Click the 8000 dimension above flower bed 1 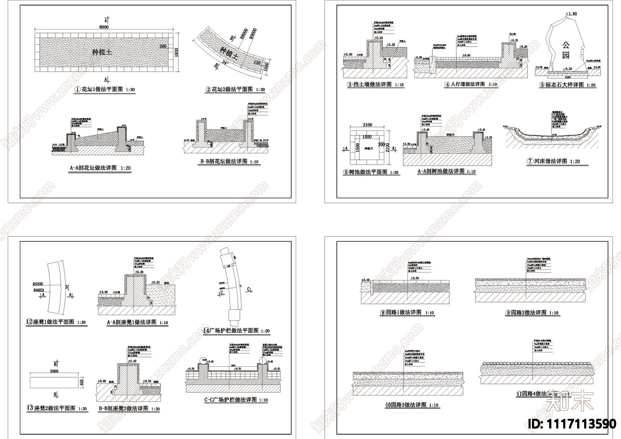(x=104, y=27)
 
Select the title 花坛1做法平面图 (x=102, y=89)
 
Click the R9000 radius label (x=253, y=34)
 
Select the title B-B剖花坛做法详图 (x=223, y=161)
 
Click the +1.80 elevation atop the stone (x=571, y=14)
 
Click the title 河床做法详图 (x=550, y=161)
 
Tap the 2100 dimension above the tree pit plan (x=367, y=125)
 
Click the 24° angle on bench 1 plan (x=69, y=288)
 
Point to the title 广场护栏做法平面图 (x=233, y=331)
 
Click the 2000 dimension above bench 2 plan (x=54, y=371)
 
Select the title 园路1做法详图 (x=403, y=312)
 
